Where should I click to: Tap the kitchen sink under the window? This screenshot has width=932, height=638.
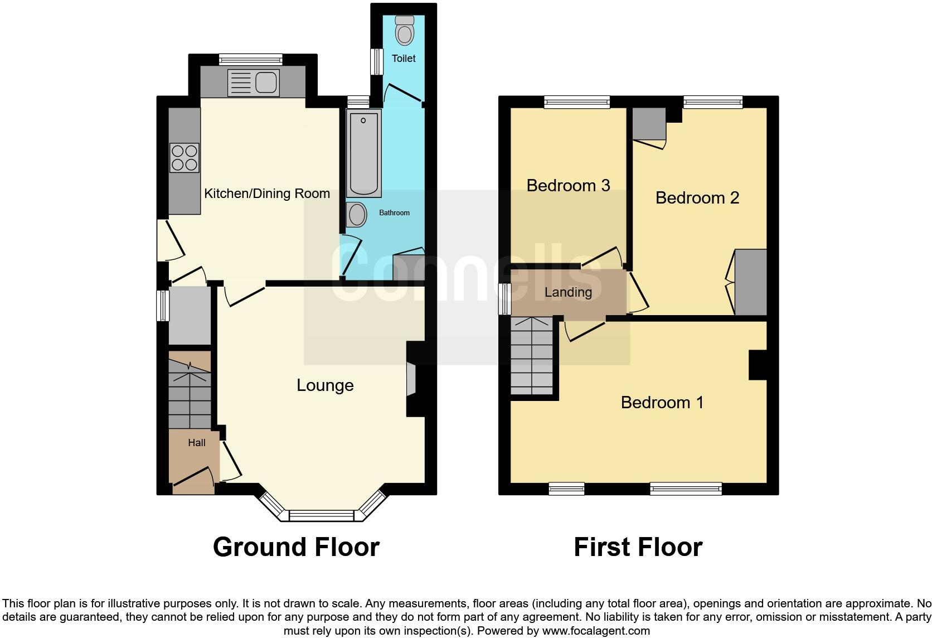point(253,83)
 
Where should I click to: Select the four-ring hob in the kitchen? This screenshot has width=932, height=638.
point(185,157)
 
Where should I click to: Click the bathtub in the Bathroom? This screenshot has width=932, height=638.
point(364,152)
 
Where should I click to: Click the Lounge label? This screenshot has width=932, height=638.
point(325,385)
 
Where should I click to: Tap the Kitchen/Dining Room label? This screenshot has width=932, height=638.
point(267,194)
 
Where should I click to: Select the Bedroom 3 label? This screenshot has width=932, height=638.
point(568,185)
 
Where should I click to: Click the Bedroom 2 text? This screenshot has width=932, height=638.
point(697,197)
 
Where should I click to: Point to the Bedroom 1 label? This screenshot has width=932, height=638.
point(662,402)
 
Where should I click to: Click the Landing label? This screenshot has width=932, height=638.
point(568,292)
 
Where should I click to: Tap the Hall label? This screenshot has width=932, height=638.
point(196,443)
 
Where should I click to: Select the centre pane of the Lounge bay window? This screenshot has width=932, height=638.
point(322,515)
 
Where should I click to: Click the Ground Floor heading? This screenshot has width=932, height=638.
point(296,547)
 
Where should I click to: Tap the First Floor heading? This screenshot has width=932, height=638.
point(638,547)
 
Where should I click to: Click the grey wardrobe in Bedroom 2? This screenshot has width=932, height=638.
point(751,282)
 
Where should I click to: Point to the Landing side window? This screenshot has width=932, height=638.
point(505,299)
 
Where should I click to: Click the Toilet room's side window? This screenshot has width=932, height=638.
point(378,61)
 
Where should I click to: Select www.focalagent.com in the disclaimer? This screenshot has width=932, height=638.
point(595,631)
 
